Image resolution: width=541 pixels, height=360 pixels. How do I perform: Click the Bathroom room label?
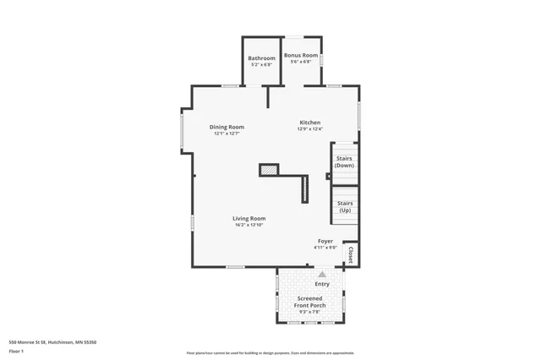[261, 58]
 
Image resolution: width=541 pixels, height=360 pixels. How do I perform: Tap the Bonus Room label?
[301, 55]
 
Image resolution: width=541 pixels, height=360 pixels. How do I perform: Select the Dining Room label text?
[227, 127]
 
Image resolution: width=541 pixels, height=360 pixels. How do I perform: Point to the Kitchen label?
[310, 123]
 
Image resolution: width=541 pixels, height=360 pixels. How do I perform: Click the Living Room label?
[249, 218]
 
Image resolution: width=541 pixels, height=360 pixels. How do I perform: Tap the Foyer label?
[325, 242]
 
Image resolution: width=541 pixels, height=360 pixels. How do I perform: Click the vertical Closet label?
[351, 254]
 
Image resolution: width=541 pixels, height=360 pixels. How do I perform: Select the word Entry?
[322, 284]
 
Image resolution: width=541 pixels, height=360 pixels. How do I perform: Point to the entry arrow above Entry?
[322, 274]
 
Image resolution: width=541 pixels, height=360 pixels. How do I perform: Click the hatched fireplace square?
[269, 170]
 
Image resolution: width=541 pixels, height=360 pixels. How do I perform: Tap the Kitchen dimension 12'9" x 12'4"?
[310, 129]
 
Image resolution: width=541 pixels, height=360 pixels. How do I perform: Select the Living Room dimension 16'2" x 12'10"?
[249, 225]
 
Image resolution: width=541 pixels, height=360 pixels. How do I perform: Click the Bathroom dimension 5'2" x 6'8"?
[261, 65]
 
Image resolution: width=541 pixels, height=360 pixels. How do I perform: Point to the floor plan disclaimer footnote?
[270, 352]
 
